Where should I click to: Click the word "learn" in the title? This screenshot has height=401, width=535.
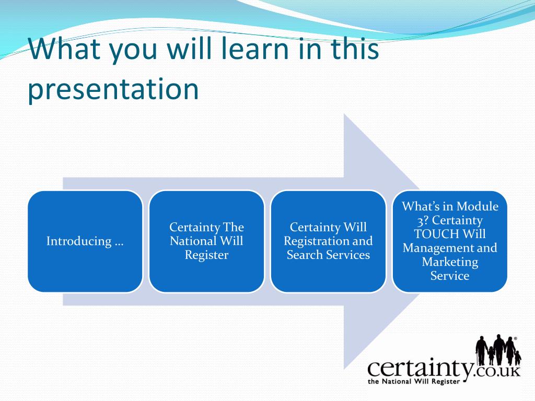click(x=255, y=48)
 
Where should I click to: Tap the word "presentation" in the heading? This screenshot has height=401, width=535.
click(x=113, y=90)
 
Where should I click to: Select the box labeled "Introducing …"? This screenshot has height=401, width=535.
click(x=85, y=241)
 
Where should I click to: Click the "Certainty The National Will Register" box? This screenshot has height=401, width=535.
click(x=206, y=241)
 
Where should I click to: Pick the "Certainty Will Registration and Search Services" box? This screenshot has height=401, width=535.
click(x=328, y=241)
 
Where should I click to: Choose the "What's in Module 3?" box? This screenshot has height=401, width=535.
click(x=450, y=241)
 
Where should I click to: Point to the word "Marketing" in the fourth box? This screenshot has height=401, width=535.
click(x=450, y=262)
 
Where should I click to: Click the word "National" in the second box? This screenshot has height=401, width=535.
click(x=192, y=241)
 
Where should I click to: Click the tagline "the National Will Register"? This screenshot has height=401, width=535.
click(x=414, y=381)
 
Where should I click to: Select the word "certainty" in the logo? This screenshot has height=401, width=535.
click(x=421, y=368)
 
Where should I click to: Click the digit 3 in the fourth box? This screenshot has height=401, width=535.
click(x=421, y=221)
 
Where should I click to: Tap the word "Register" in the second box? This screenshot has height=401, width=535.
click(x=206, y=255)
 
